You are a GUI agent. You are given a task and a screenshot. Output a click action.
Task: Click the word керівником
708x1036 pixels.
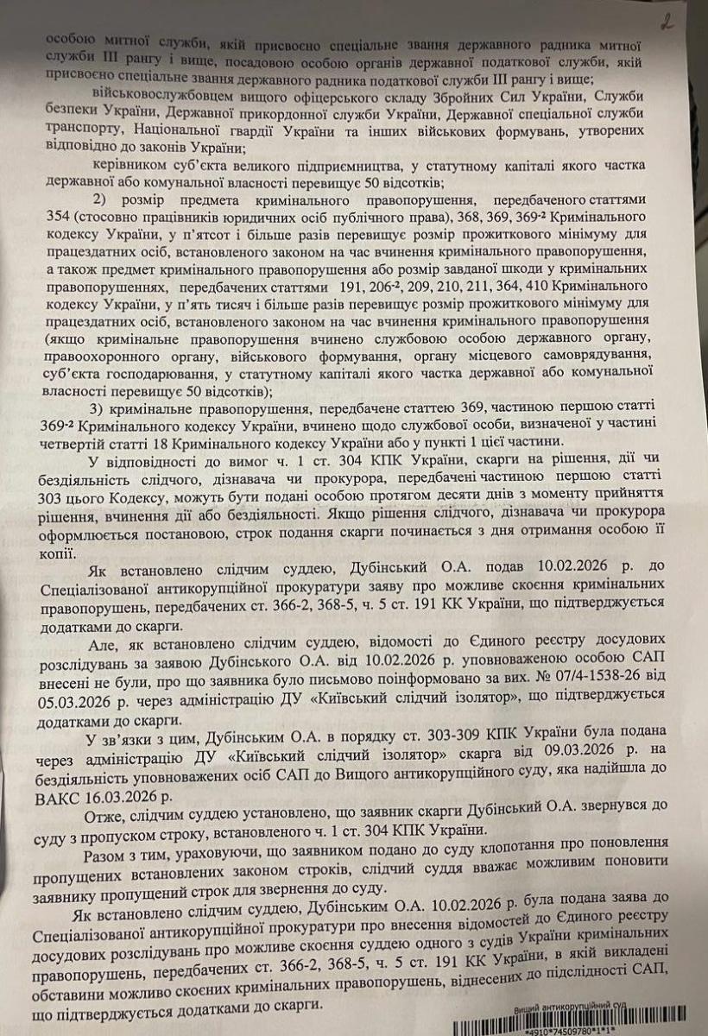coord(128,162)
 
